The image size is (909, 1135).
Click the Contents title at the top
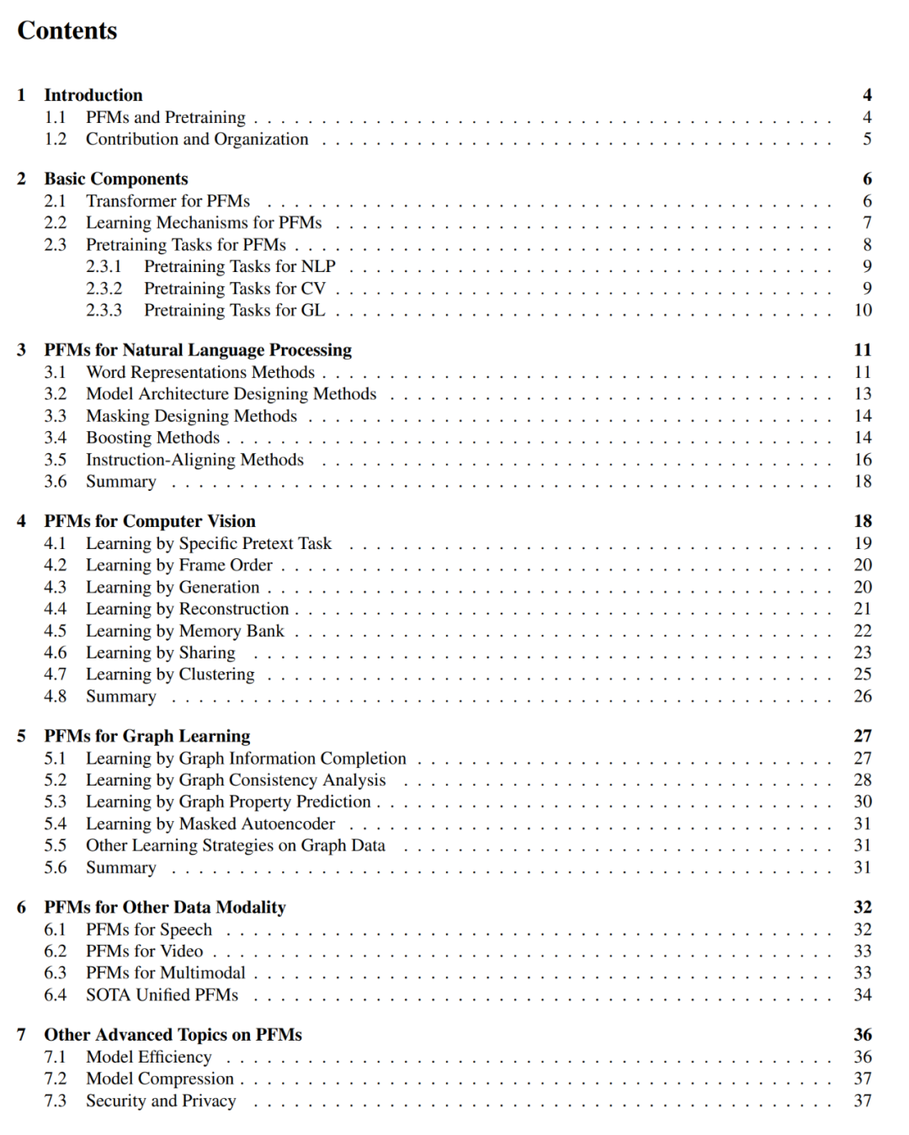coord(67,31)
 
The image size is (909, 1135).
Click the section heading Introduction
coord(93,95)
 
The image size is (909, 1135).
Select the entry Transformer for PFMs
coord(167,201)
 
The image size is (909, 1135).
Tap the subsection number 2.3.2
coord(104,289)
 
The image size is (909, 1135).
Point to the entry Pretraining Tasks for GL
coord(234,311)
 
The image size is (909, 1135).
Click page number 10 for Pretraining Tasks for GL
coord(863,311)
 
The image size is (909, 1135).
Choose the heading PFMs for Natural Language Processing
coord(198,350)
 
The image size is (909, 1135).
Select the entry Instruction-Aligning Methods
coord(194,460)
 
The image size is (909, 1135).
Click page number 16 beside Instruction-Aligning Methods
coord(863,460)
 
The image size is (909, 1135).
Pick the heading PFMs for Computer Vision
coord(150,521)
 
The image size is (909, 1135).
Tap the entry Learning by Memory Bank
coord(185,631)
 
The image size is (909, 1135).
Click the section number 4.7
coord(56,674)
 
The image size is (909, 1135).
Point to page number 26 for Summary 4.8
coord(863,696)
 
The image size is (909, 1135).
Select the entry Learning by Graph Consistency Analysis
coord(236,781)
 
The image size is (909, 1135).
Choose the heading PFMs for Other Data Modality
coord(165,908)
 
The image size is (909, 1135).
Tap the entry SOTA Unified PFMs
coord(162,995)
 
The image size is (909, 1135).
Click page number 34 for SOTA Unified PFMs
coord(863,995)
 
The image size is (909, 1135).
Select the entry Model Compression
coord(160,1079)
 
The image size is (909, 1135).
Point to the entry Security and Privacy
coord(161,1101)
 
